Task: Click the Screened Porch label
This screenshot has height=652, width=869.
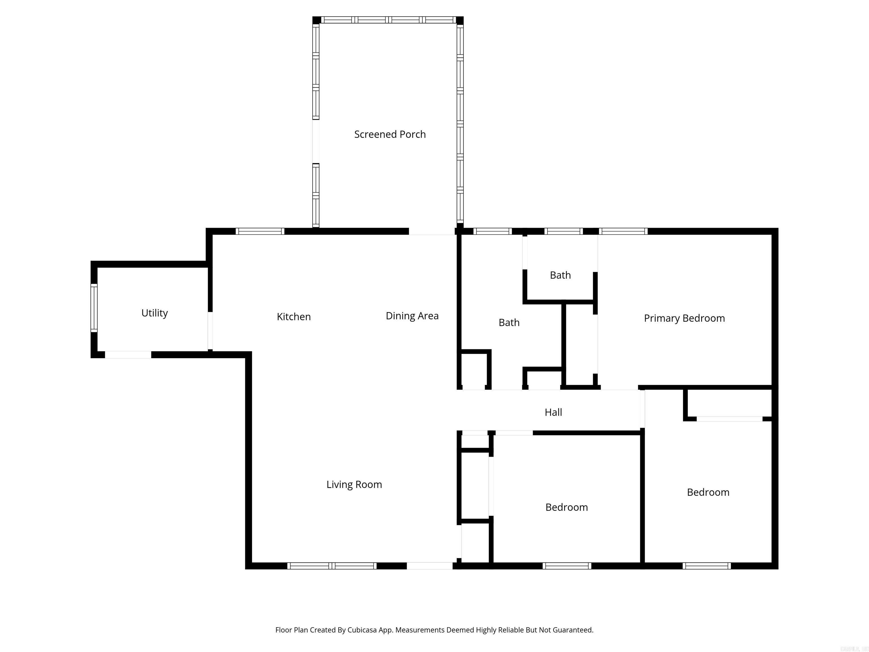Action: click(390, 134)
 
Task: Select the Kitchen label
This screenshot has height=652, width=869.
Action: click(293, 317)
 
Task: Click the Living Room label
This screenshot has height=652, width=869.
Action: click(354, 484)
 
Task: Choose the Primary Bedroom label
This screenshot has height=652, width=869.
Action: click(684, 318)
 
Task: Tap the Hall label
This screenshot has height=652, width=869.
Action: click(553, 412)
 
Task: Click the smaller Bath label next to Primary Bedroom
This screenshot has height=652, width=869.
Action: click(560, 275)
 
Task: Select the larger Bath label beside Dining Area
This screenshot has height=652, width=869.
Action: click(509, 323)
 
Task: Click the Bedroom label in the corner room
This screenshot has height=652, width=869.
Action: click(708, 492)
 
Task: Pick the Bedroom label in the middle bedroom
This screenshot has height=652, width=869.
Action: click(567, 507)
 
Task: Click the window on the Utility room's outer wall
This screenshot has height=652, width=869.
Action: click(94, 308)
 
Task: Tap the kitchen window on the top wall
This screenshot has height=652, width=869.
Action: click(260, 231)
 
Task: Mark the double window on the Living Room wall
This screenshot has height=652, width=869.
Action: click(332, 566)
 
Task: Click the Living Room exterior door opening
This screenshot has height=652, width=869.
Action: click(429, 566)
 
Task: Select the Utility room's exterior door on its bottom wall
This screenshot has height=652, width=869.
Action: click(128, 355)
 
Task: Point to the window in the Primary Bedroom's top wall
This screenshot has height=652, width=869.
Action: click(623, 231)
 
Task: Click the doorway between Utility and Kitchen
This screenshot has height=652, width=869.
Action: click(210, 331)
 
